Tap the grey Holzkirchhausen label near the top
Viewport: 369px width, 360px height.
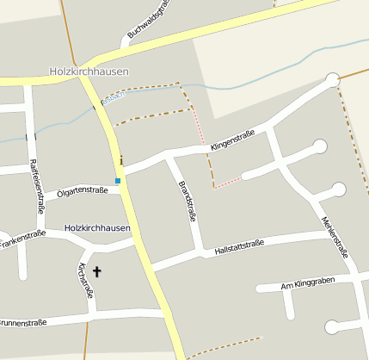coord(89,71)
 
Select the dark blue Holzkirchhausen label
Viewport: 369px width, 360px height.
coord(97,228)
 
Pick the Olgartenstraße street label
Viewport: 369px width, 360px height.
coord(83,190)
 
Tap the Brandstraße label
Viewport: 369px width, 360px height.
coord(187,202)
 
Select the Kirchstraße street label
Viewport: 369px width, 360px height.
coord(86,280)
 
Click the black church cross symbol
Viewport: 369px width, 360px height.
coord(96,272)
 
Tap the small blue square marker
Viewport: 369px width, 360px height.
coord(118,181)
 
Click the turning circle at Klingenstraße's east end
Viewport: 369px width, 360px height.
coord(333,80)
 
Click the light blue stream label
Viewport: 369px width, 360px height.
coord(113,96)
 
